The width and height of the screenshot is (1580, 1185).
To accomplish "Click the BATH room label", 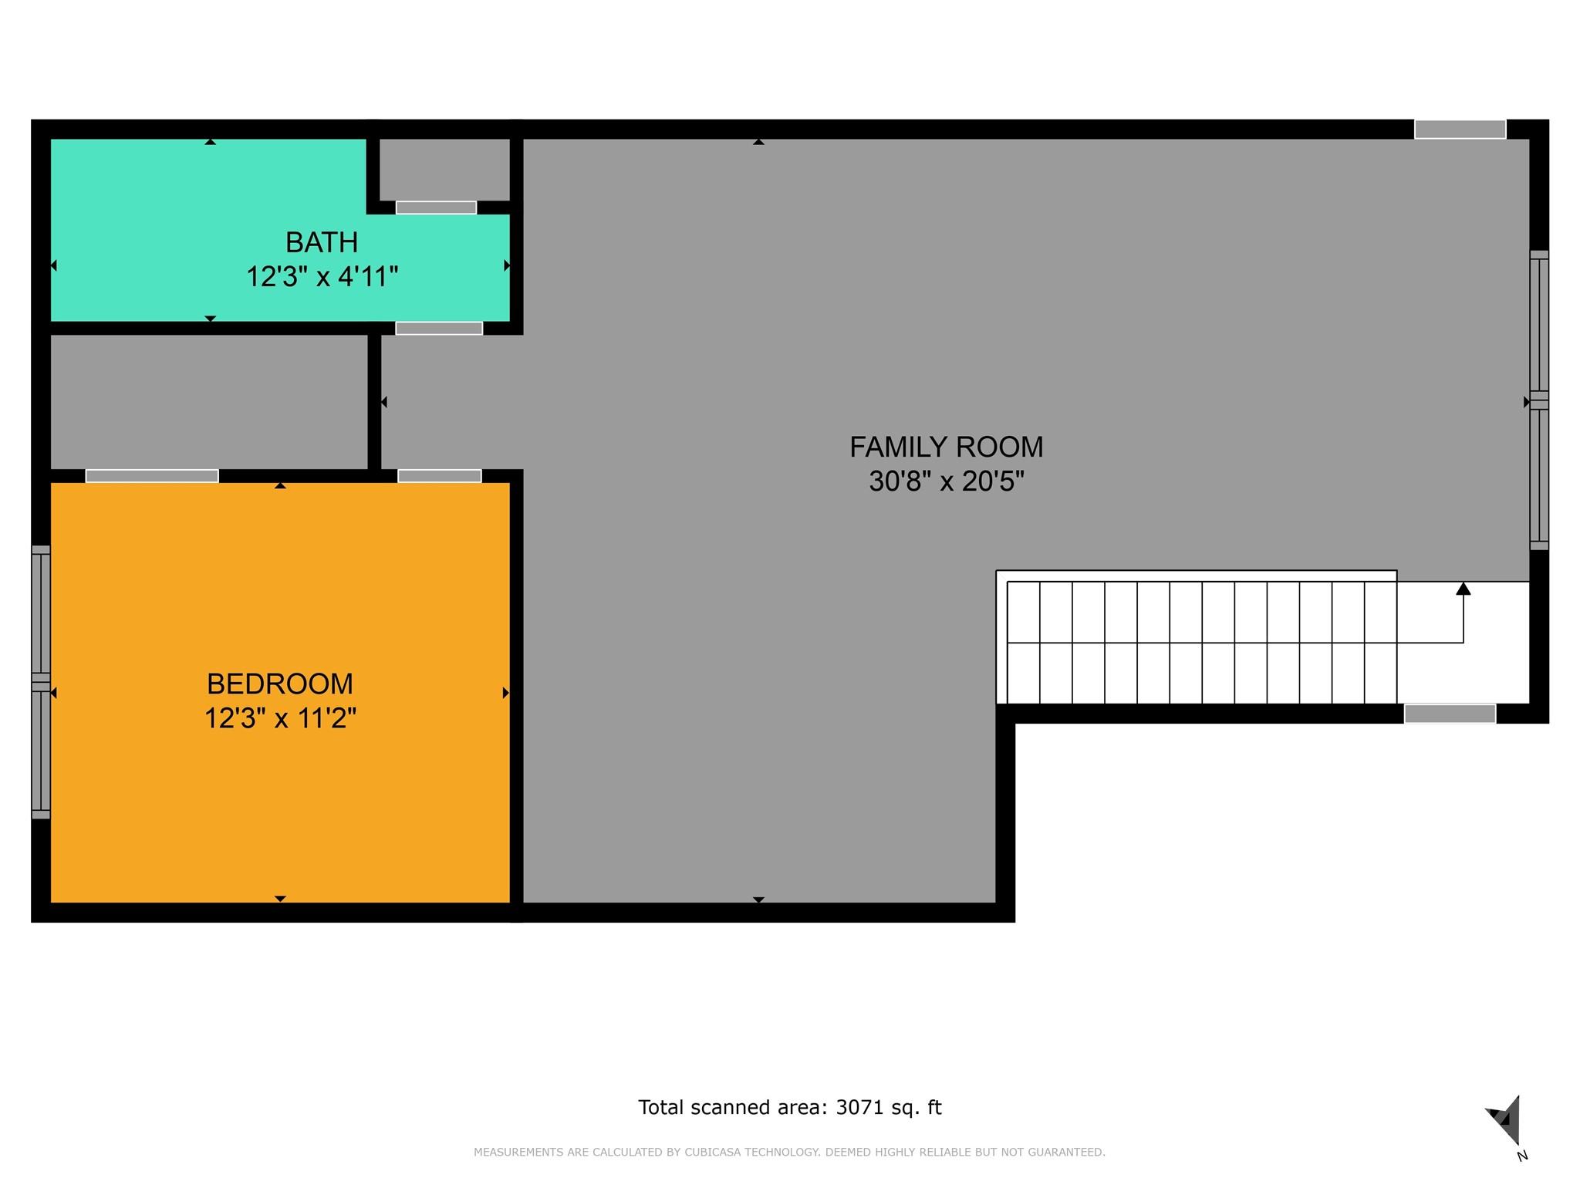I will (322, 243).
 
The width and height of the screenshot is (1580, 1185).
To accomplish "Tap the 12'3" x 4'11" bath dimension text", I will (322, 276).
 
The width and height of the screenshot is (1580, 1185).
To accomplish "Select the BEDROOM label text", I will (280, 684).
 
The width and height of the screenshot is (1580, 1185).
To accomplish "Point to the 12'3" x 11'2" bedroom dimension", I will (280, 718).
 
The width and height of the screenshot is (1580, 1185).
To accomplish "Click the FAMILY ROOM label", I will (946, 447).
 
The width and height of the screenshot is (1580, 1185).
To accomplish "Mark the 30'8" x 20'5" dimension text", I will (946, 481).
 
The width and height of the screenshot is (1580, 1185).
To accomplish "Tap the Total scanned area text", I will (789, 1108).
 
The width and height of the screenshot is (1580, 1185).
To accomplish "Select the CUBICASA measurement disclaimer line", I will (789, 1153).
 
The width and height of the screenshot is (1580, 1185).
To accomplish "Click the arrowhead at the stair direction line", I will (1463, 589).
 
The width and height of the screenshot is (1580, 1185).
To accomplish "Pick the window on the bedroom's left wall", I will (41, 682).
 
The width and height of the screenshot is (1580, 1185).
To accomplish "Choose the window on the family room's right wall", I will (1538, 400).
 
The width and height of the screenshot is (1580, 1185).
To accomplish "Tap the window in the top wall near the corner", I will (1460, 130).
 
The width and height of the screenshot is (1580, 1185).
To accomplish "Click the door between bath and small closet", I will (436, 208).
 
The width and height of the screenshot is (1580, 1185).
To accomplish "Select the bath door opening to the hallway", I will (439, 329).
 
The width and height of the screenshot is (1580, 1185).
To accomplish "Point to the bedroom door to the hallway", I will (440, 476).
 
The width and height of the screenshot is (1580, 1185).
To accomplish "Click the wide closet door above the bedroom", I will (152, 476).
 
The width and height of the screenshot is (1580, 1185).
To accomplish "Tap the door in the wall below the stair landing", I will (1450, 714).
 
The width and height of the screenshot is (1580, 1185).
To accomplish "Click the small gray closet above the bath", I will (444, 169).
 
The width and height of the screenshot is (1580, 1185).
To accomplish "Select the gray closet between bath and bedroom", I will (208, 401).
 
